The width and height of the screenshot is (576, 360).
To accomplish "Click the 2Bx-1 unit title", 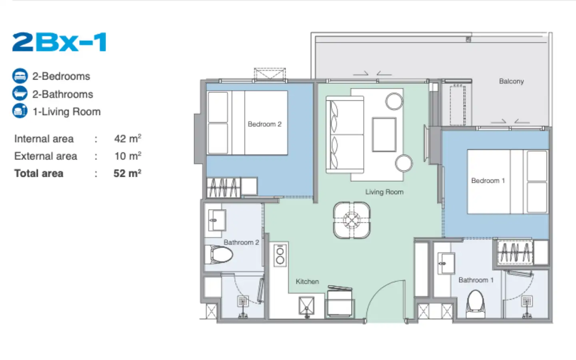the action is pyautogui.click(x=59, y=42).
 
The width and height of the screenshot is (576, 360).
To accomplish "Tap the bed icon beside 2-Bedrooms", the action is pyautogui.click(x=20, y=76).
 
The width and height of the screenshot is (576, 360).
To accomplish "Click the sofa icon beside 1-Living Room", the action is pyautogui.click(x=20, y=111).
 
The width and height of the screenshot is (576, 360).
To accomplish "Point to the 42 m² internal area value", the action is pyautogui.click(x=128, y=138).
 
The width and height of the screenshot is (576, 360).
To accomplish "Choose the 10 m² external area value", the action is pyautogui.click(x=128, y=156).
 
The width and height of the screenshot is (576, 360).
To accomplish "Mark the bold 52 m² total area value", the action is pyautogui.click(x=127, y=173).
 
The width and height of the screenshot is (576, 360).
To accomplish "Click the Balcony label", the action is pyautogui.click(x=512, y=82).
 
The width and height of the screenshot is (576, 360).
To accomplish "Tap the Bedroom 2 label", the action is pyautogui.click(x=265, y=124).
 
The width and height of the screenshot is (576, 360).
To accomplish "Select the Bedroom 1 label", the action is pyautogui.click(x=488, y=181).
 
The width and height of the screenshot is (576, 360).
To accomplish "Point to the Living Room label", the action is pyautogui.click(x=384, y=192).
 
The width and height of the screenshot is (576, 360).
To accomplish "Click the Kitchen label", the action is pyautogui.click(x=307, y=282).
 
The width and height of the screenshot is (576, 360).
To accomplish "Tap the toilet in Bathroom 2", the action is pyautogui.click(x=219, y=254).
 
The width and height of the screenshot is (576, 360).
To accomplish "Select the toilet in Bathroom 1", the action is pyautogui.click(x=476, y=304).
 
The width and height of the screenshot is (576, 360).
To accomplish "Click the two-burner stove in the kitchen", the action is pyautogui.click(x=280, y=255).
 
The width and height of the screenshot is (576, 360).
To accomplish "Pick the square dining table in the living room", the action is pyautogui.click(x=352, y=220).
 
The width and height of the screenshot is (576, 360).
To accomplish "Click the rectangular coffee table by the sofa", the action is pyautogui.click(x=384, y=135).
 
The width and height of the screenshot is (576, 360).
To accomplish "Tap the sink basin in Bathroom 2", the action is pyautogui.click(x=217, y=220).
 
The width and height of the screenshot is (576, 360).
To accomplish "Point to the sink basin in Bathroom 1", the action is pyautogui.click(x=446, y=263).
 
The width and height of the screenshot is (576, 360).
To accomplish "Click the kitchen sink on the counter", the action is pyautogui.click(x=306, y=306).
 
